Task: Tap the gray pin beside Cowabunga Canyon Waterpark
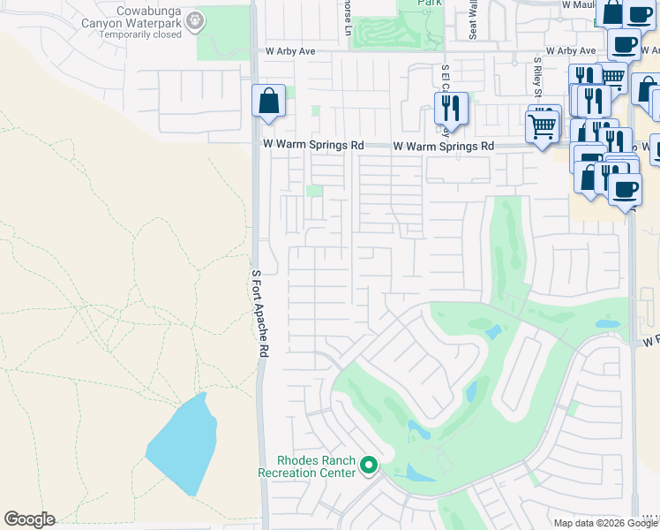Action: [x=196, y=19]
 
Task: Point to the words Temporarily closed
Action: [x=140, y=34]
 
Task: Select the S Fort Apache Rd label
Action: [x=262, y=314]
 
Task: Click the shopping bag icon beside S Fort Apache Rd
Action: [x=268, y=101]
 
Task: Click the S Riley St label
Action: [x=536, y=80]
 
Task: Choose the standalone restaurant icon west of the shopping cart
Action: [x=451, y=108]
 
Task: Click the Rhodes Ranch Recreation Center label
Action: [x=306, y=466]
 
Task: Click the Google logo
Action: [x=29, y=519]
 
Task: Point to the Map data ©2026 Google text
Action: [x=605, y=523]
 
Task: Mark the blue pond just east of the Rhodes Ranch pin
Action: [x=415, y=473]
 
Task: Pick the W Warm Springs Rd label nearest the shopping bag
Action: [x=313, y=145]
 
